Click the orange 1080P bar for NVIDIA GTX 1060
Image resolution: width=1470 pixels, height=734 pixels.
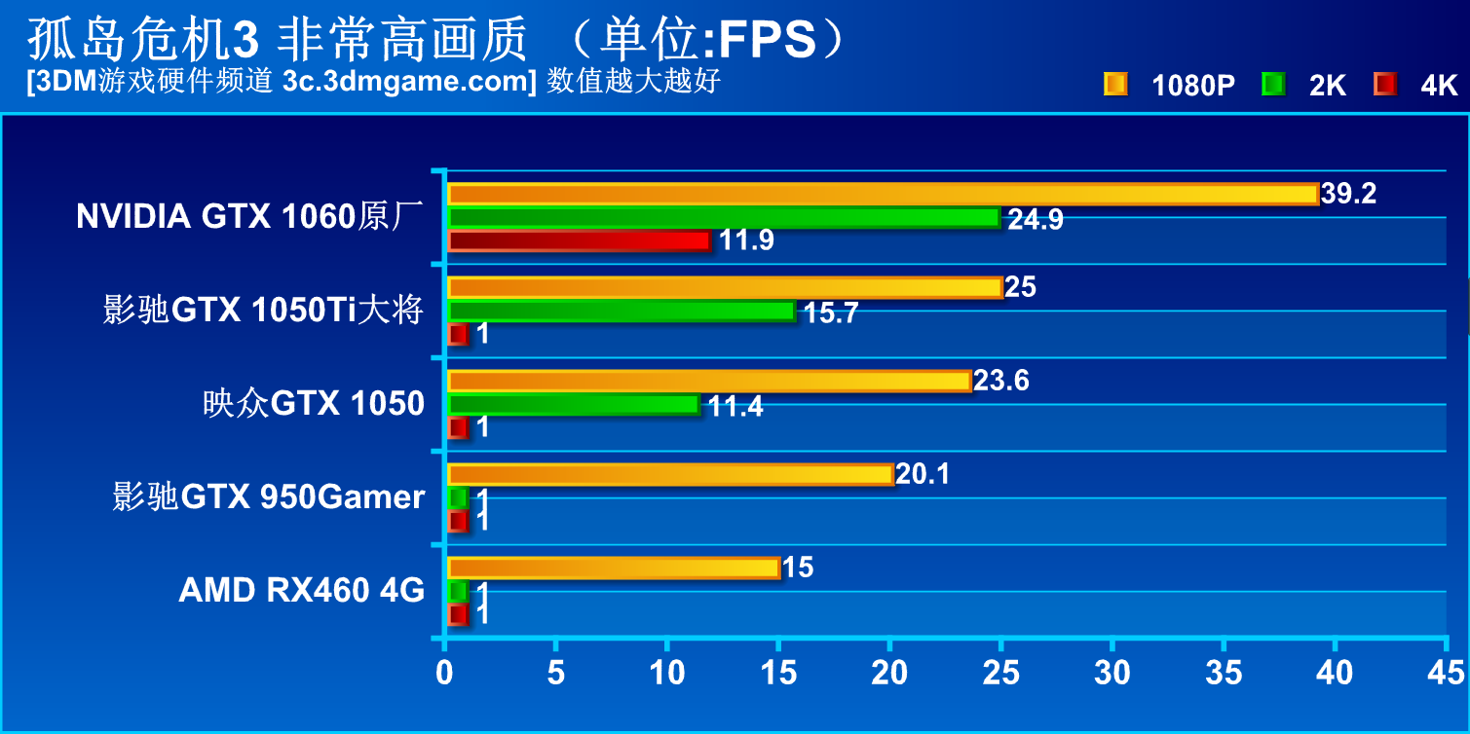click(x=882, y=194)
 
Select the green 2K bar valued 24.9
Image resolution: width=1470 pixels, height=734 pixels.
click(x=723, y=217)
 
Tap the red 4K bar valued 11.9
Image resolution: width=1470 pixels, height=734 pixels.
click(x=579, y=240)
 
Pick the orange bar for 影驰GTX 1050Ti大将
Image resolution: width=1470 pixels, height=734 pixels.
click(x=725, y=287)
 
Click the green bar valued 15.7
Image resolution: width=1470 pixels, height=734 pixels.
click(x=621, y=311)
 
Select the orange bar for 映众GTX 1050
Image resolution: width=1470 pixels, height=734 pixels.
click(x=708, y=381)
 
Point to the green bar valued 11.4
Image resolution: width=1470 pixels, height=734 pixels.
click(x=573, y=404)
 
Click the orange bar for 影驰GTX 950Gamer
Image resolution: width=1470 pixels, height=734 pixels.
click(x=670, y=474)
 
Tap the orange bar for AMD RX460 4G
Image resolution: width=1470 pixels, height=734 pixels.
click(x=614, y=568)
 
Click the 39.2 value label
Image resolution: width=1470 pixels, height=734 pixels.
click(x=1348, y=194)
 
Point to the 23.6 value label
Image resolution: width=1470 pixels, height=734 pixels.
click(x=1000, y=381)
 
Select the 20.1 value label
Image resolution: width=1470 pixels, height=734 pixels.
click(x=922, y=474)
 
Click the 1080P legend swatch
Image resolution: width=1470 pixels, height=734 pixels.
click(x=1115, y=85)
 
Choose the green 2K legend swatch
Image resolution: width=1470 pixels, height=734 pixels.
click(x=1272, y=85)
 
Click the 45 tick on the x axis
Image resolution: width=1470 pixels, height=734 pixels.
click(x=1446, y=673)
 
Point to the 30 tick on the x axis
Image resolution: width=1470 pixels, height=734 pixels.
click(x=1112, y=673)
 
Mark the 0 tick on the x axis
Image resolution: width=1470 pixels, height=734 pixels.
click(x=445, y=673)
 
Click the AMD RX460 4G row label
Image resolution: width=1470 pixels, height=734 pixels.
click(x=302, y=590)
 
